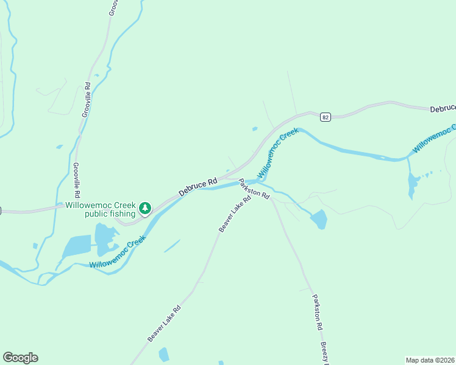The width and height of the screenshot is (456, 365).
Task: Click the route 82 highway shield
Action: [x=326, y=117]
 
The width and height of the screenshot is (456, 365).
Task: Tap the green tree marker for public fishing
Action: [x=145, y=209]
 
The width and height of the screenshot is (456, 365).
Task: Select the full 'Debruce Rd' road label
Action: [x=198, y=187]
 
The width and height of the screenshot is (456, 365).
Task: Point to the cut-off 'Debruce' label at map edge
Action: [x=443, y=108]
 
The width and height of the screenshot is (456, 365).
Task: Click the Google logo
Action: [x=20, y=358]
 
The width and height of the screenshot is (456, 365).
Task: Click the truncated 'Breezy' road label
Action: [x=324, y=353]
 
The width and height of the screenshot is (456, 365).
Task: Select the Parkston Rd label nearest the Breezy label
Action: [x=317, y=312]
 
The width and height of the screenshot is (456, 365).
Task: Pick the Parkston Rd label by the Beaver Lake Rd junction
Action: [x=254, y=189]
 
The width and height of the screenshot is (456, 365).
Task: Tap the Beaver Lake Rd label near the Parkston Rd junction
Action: [x=235, y=214]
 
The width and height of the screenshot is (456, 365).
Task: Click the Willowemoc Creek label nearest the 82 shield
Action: [x=277, y=153]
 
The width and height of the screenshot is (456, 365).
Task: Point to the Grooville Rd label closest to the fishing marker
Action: [x=77, y=181]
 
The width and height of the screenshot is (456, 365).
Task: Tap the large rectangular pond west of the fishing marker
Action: [x=77, y=246]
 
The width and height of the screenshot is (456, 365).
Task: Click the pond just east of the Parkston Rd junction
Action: [x=319, y=220]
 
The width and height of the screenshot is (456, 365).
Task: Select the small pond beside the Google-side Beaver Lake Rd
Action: [x=164, y=354]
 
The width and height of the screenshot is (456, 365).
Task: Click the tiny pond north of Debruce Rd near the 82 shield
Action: [x=254, y=129]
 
